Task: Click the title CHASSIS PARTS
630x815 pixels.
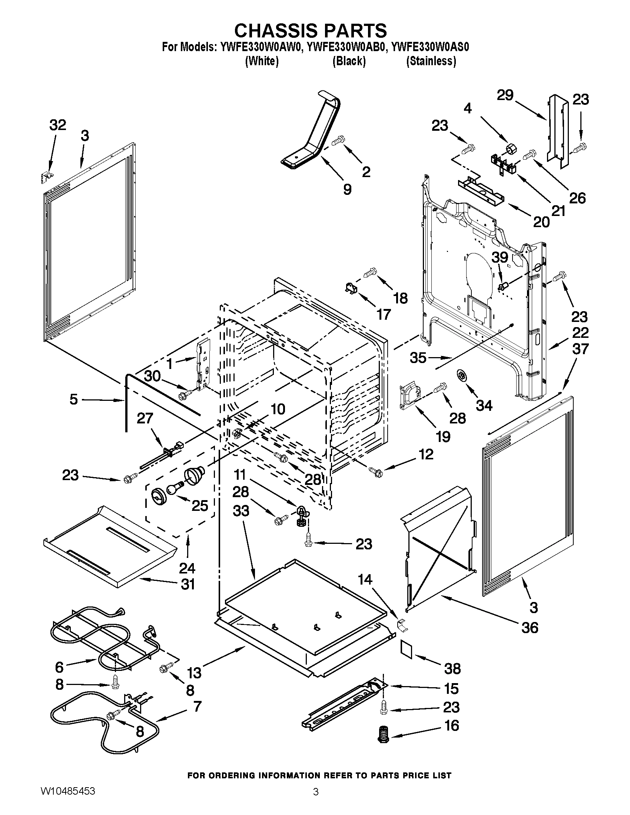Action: [310, 30]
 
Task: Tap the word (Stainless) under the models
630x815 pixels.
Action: [431, 61]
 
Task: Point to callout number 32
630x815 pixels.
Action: [57, 125]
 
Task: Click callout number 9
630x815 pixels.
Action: [347, 189]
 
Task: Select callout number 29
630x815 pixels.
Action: [505, 95]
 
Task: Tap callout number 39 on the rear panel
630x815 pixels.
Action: [500, 257]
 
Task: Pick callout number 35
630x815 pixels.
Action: [418, 358]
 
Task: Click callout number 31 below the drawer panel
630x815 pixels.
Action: [188, 584]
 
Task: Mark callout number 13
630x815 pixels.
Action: [194, 673]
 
